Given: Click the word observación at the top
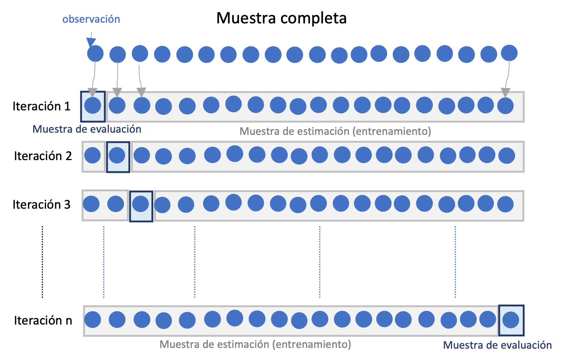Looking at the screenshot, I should tap(91, 19).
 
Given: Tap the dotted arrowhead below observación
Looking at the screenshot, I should tap(91, 42).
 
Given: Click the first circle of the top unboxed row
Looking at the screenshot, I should tap(95, 53).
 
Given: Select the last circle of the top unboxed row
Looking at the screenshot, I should tap(509, 53).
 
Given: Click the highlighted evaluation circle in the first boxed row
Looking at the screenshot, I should tap(92, 106).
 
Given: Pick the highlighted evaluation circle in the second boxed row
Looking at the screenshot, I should tap(117, 155).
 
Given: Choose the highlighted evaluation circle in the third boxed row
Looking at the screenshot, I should tap(140, 204).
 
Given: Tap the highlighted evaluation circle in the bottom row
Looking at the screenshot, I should tap(511, 320).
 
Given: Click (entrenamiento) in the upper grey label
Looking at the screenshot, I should tap(392, 132).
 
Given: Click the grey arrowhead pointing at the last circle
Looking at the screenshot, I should tap(505, 92).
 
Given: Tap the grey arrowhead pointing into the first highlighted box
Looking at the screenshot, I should tap(92, 92).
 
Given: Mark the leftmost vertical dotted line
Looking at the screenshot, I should tap(104, 261).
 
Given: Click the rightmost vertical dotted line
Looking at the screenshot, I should tap(455, 261).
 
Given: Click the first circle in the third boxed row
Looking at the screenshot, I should tap(91, 204).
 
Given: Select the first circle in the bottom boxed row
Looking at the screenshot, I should tap(92, 320).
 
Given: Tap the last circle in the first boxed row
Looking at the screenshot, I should tap(505, 106).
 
